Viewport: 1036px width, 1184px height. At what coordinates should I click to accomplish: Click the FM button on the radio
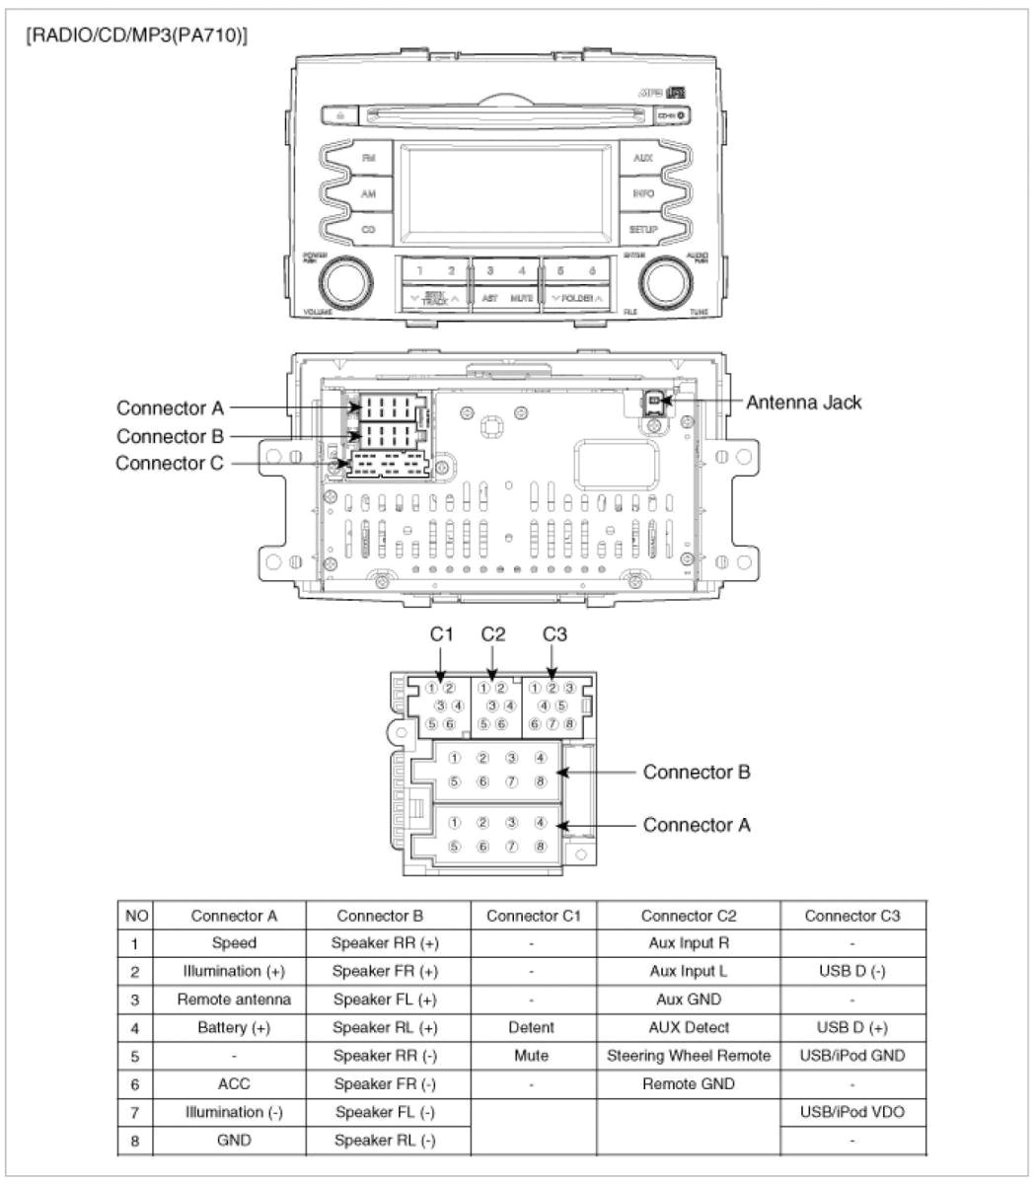tap(368, 158)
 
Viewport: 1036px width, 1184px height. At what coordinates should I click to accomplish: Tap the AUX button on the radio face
tap(642, 158)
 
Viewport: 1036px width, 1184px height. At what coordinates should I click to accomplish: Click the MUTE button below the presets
tap(522, 298)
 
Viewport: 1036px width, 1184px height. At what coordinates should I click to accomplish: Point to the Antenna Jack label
tap(803, 402)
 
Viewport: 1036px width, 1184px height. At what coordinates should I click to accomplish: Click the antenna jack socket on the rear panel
tap(655, 401)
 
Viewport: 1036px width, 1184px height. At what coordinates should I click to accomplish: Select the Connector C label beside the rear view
tap(170, 463)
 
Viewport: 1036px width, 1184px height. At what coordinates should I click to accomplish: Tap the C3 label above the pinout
tap(555, 634)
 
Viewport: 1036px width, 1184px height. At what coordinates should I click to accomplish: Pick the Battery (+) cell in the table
tap(234, 1027)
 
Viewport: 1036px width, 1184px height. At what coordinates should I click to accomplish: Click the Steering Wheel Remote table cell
tap(689, 1055)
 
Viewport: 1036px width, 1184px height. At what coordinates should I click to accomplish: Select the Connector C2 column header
tap(689, 916)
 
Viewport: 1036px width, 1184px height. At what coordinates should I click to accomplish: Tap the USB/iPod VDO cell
tap(852, 1112)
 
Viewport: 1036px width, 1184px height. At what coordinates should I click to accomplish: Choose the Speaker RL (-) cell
tap(385, 1140)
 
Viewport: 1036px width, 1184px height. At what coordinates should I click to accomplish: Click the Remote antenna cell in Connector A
tap(234, 999)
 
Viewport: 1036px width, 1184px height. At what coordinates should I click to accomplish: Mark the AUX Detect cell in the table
tap(689, 1027)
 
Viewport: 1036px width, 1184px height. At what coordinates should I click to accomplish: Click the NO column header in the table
tap(135, 916)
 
